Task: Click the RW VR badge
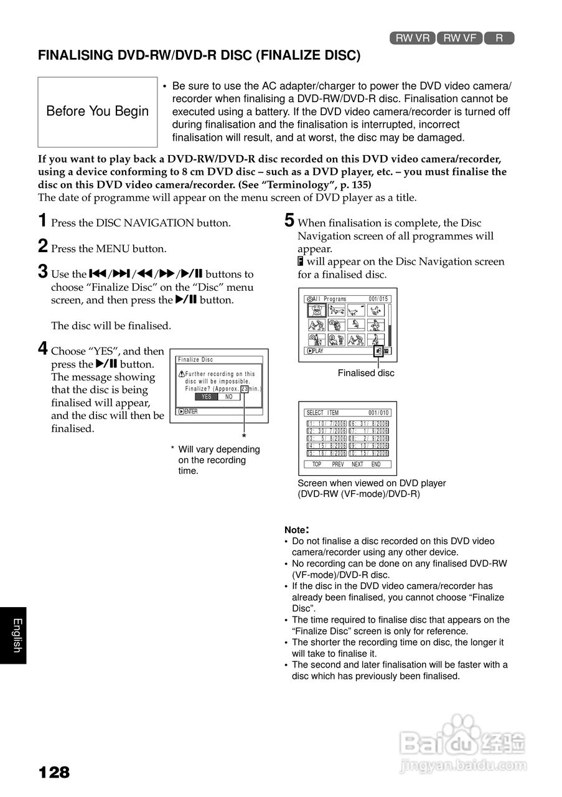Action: point(413,38)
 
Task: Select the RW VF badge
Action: point(460,38)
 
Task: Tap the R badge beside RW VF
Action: point(499,38)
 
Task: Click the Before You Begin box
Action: point(98,111)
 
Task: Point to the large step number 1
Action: point(43,220)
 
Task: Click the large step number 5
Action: point(289,220)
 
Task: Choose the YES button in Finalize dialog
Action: point(206,397)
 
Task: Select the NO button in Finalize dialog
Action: point(228,397)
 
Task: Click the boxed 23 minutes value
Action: point(244,389)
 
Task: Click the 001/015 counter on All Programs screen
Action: point(378,299)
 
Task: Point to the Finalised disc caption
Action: point(366,373)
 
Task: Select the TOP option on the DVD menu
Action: point(317,465)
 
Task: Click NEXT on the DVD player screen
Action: point(357,465)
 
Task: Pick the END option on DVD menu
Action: point(376,465)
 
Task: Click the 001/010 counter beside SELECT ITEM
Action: point(378,413)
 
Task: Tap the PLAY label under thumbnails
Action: point(316,351)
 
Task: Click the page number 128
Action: point(54,773)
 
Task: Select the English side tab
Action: point(17,635)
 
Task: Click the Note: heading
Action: point(297,529)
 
